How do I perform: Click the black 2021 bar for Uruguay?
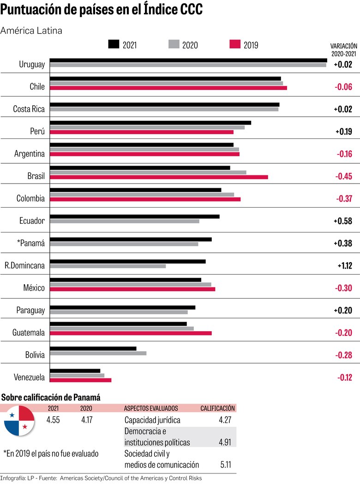pos(188,60)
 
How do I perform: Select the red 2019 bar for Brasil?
pos(158,177)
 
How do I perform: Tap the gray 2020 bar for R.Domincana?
pos(108,266)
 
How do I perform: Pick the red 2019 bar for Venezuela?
pos(80,380)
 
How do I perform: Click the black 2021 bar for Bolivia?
pos(93,348)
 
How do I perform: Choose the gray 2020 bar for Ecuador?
pos(124,221)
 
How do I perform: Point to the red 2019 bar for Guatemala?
pos(131,333)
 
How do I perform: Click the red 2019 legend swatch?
pos(235,44)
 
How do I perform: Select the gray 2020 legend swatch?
pos(174,44)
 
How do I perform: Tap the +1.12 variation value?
pos(344,266)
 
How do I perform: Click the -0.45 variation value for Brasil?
pos(343,176)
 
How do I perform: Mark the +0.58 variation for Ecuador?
pos(343,221)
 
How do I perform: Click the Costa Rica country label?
pos(29,109)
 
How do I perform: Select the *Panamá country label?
pos(30,243)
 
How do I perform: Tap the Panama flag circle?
pos(19,421)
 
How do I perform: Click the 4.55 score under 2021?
pos(54,420)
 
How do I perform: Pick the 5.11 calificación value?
pos(225,465)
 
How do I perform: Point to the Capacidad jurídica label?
pos(152,420)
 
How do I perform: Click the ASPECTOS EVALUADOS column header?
pos(151,408)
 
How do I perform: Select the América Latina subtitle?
pos(31,30)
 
